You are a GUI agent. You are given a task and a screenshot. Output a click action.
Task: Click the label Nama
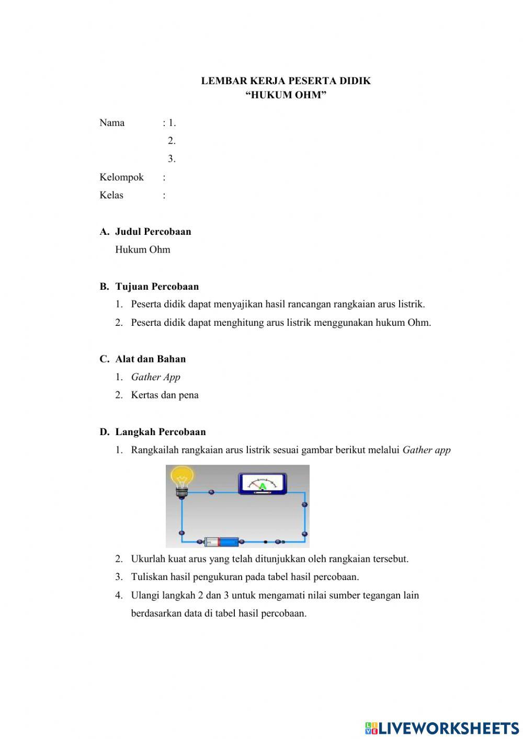(x=112, y=123)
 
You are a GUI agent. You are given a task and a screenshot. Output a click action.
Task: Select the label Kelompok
(x=121, y=177)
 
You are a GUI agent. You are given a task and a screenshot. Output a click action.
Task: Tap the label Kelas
(x=111, y=195)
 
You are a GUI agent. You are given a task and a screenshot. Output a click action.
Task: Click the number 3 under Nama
(x=171, y=159)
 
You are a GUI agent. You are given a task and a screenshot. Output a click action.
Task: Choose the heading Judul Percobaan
(x=153, y=232)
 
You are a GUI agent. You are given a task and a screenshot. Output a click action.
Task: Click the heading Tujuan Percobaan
(x=157, y=287)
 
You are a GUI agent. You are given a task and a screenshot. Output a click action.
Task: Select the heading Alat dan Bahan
(x=150, y=359)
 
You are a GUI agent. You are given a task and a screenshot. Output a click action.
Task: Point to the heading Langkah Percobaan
(x=160, y=432)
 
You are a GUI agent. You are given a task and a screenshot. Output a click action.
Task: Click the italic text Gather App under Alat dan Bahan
(x=155, y=377)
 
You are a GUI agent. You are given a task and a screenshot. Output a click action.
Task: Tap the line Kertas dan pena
(x=165, y=395)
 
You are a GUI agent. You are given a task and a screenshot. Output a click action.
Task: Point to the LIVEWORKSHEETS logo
(x=442, y=727)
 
